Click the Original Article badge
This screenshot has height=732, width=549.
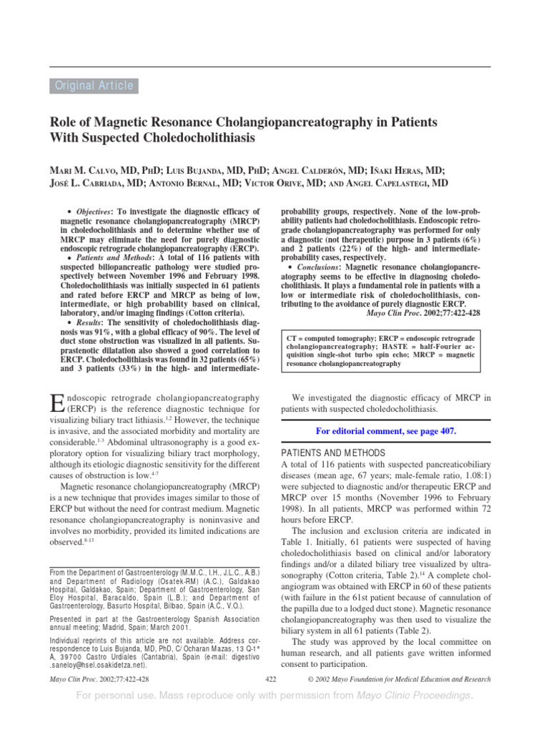[x=94, y=86]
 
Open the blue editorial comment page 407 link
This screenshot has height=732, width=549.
[x=385, y=431]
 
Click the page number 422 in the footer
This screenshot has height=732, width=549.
[x=271, y=678]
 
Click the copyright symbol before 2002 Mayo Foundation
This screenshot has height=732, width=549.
[x=309, y=678]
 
